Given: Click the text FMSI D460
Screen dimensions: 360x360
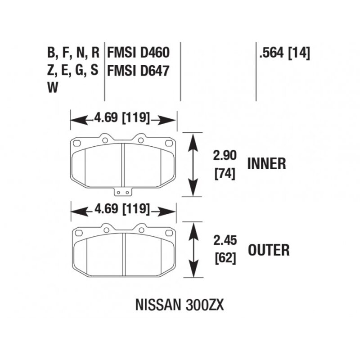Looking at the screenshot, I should [x=138, y=54].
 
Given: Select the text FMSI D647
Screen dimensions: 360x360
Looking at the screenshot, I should [x=138, y=71].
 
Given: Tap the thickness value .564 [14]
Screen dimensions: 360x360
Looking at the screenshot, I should [x=284, y=54].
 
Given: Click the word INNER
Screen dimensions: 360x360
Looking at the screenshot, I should [x=266, y=163].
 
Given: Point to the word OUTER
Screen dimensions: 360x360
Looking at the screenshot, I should [x=268, y=250].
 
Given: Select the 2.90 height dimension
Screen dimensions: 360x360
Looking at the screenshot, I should [x=224, y=156].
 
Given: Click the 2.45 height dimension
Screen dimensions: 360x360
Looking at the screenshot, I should [x=224, y=240].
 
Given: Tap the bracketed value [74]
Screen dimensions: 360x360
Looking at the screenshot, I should [x=225, y=173].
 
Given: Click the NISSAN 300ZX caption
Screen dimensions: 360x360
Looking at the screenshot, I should [x=180, y=305].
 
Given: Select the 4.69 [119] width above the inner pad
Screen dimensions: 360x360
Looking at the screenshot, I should [x=122, y=119].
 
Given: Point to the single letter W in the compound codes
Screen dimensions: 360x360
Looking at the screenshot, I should [x=52, y=88].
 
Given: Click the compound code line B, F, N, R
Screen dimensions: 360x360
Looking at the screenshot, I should [x=73, y=54].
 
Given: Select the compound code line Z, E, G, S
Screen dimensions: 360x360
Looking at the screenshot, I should [x=73, y=71].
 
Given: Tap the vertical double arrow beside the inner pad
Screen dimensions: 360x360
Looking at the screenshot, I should [x=193, y=164].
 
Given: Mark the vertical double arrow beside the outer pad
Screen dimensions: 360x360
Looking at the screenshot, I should [x=193, y=250].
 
